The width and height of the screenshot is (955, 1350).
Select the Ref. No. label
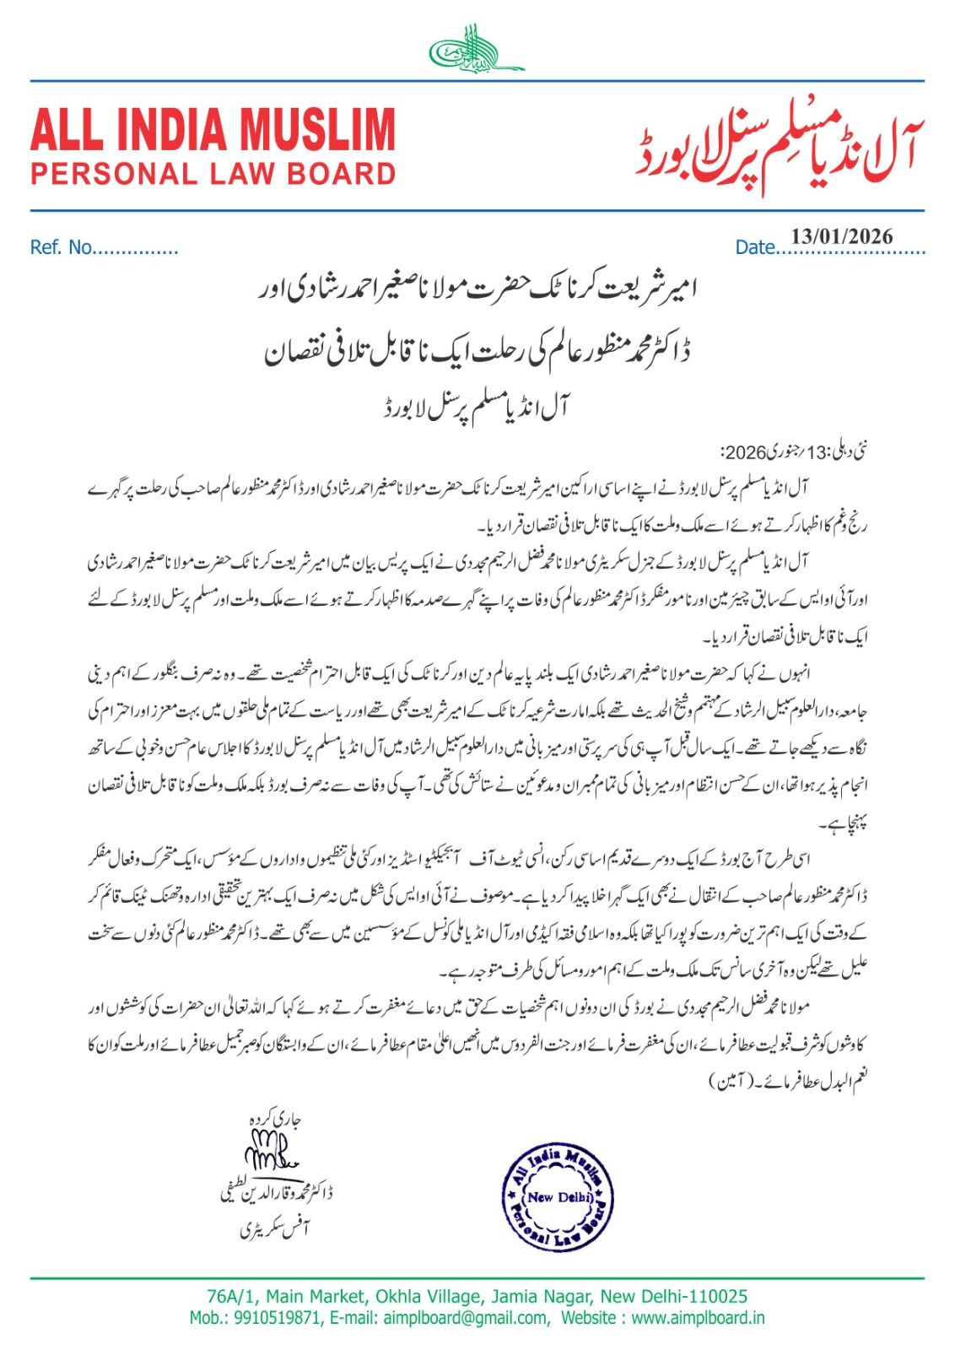click(x=61, y=248)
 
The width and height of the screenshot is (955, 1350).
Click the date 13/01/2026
click(x=841, y=236)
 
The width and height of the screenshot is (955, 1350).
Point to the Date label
click(x=754, y=248)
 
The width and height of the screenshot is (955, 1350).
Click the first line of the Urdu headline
click(x=477, y=291)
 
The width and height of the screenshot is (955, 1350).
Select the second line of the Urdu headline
click(x=477, y=350)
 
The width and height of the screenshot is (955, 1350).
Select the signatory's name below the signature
click(x=276, y=1193)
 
